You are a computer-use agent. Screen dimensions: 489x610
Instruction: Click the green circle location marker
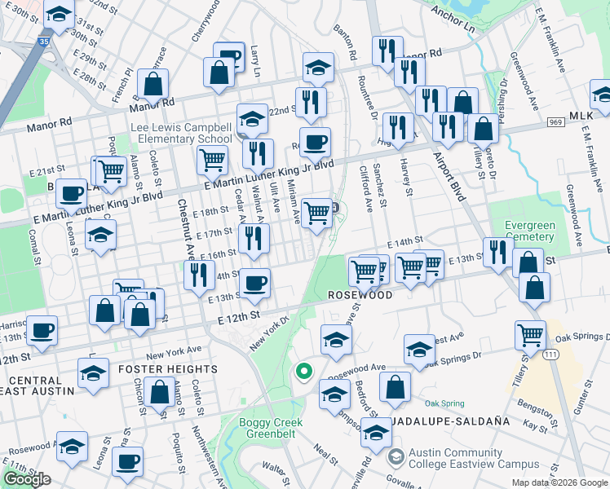coord(304,372)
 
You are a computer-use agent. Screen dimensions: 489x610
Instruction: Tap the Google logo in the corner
coord(27,479)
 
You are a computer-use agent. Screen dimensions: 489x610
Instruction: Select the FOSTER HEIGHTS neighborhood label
coord(170,368)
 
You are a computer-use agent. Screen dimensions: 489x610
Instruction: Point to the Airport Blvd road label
coord(449,176)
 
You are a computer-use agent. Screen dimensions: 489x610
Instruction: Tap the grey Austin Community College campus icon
coord(396,456)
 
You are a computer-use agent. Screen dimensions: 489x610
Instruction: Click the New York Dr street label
coord(269,333)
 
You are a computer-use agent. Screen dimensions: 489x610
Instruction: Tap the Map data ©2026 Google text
coord(559,482)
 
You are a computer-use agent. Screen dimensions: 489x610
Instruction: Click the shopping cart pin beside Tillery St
coord(531,333)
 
